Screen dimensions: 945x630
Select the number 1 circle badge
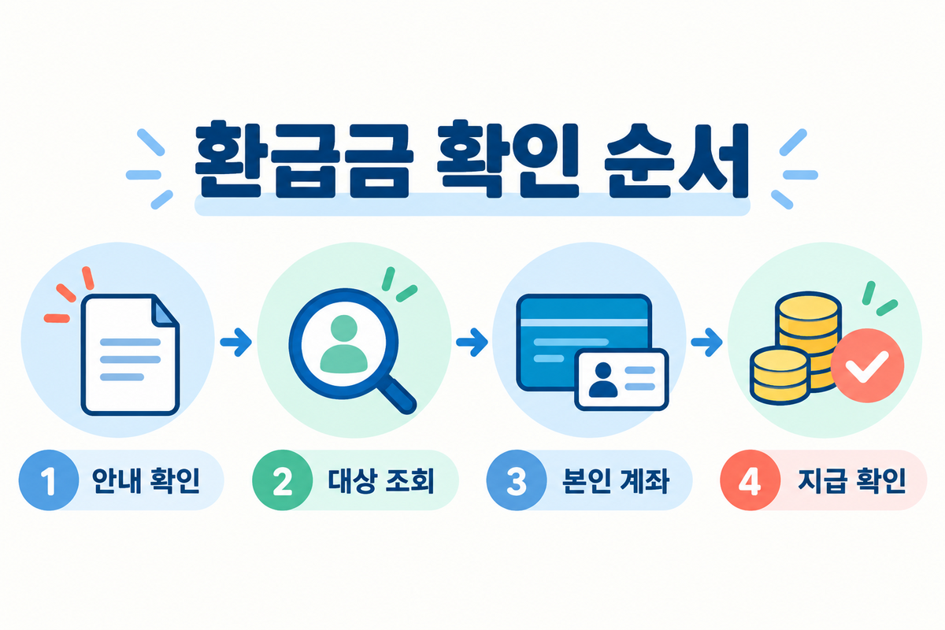click(49, 480)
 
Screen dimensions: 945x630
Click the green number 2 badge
click(282, 480)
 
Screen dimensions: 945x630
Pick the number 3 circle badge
click(517, 480)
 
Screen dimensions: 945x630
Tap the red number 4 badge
click(750, 480)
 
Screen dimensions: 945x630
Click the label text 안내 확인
click(146, 480)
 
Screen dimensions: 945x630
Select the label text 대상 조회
click(381, 480)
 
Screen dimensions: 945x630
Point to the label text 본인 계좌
click(616, 480)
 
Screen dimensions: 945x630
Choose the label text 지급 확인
click(852, 480)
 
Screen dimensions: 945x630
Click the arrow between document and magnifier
click(235, 342)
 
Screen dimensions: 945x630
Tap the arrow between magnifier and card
click(472, 342)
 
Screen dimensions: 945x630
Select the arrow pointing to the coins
click(706, 342)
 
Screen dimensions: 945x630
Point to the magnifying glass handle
click(397, 395)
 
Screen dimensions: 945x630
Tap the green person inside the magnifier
click(344, 344)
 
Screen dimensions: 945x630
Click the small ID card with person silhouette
click(621, 380)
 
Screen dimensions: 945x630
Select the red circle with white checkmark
click(867, 365)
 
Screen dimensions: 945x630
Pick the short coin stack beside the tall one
click(780, 376)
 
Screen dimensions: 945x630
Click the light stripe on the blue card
click(584, 323)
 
